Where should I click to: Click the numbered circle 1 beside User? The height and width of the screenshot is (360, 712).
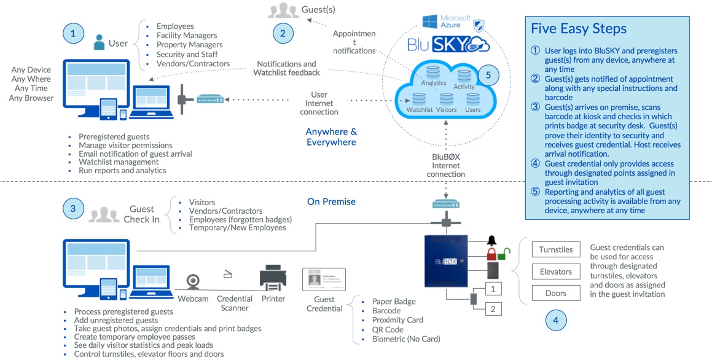73,34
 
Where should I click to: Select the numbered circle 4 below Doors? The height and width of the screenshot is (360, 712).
555,320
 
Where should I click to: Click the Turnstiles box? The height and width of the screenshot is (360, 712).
555,250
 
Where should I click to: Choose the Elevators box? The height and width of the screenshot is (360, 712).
555,272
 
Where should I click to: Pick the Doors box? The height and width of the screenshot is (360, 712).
555,293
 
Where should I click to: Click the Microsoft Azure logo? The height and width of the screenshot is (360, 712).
447,22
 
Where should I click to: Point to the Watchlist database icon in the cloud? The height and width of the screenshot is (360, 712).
419,99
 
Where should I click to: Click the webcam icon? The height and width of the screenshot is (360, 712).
194,281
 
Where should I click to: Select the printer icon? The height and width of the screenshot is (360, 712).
273,278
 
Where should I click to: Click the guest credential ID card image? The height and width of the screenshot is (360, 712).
324,280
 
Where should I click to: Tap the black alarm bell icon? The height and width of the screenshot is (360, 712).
491,240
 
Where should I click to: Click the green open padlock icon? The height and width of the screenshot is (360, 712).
504,252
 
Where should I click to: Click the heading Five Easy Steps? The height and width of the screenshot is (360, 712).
578,29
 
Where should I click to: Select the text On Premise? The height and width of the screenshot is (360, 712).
331,202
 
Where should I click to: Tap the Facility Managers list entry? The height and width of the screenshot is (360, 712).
187,36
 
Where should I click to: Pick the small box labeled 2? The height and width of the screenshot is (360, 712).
493,308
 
